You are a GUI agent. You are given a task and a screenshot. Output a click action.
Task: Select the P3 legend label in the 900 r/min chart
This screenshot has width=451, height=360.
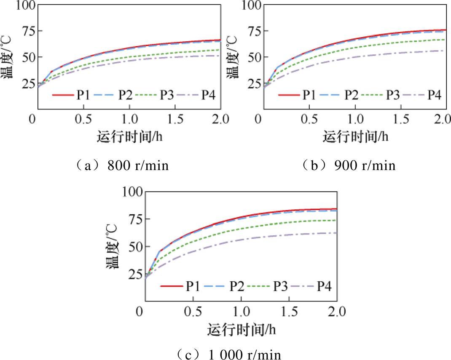pyautogui.click(x=393, y=95)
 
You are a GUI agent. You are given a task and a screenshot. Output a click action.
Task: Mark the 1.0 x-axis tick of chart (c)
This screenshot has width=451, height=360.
pyautogui.click(x=241, y=312)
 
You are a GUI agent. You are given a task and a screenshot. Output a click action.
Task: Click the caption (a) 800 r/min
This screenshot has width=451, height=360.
pyautogui.click(x=121, y=165)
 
